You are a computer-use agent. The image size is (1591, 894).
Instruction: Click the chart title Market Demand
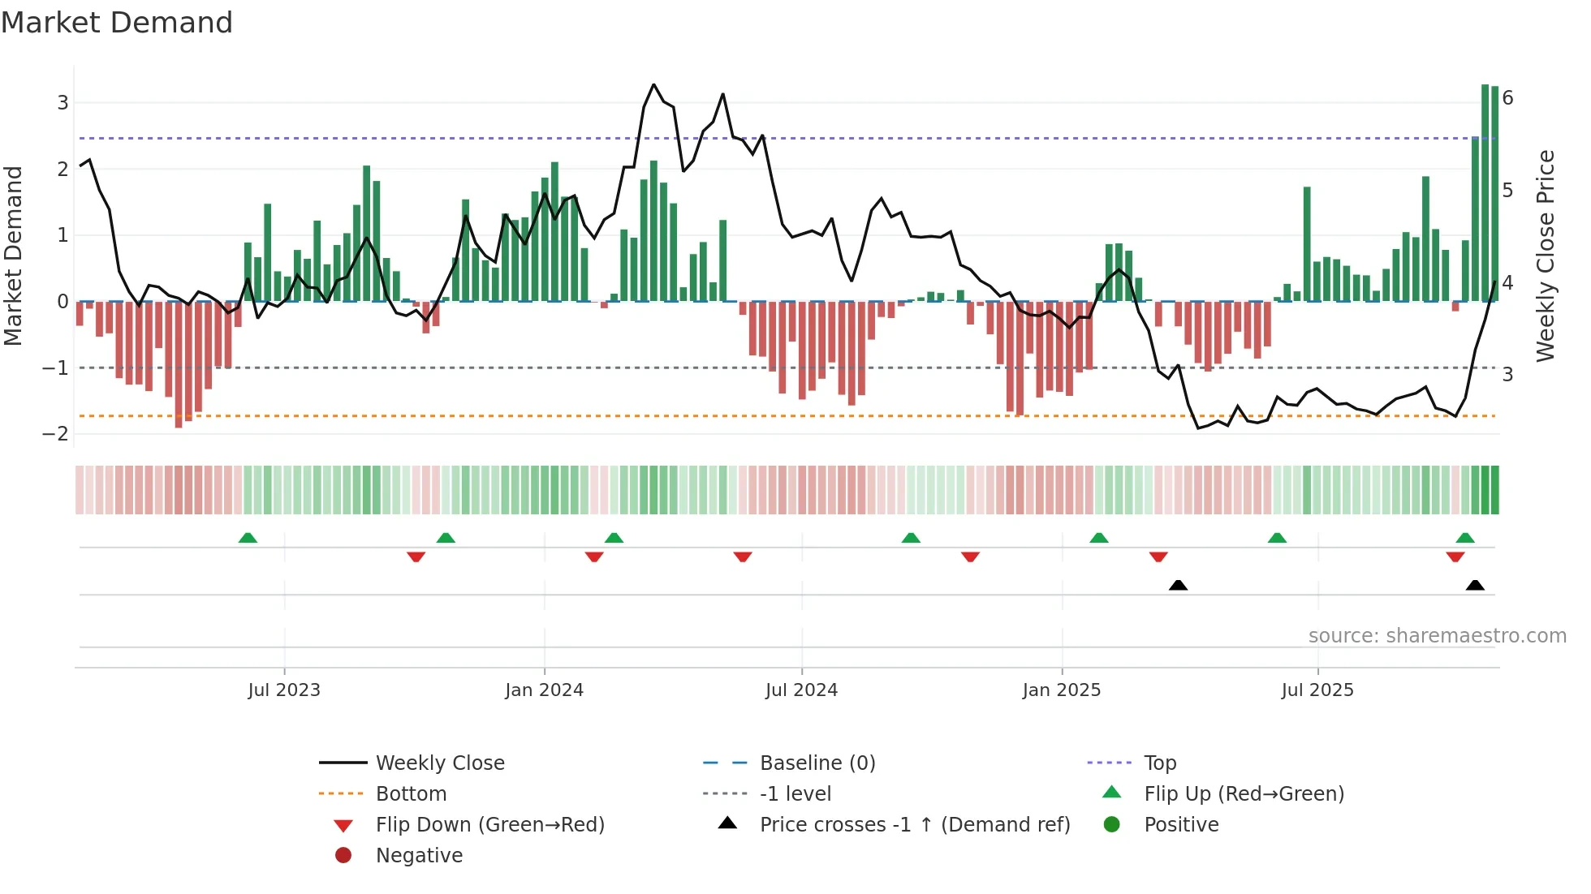tap(117, 23)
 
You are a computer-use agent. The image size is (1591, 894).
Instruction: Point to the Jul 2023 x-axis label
tap(284, 690)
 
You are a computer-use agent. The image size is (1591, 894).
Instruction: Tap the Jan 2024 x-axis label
tap(544, 690)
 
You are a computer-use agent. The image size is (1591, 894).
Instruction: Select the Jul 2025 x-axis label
tap(1317, 690)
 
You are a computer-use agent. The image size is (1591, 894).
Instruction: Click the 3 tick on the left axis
tap(63, 103)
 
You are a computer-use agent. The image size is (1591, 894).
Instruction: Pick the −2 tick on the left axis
tap(55, 434)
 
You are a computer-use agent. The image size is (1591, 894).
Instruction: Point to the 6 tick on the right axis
tap(1507, 98)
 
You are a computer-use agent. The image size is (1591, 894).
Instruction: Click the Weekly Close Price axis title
tap(1546, 256)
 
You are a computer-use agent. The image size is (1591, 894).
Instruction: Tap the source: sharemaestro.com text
tap(1437, 636)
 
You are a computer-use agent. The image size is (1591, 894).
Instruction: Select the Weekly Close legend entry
tap(439, 763)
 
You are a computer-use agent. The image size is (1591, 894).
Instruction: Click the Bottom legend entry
tap(411, 794)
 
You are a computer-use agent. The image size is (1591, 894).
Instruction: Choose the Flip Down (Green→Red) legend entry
tap(489, 825)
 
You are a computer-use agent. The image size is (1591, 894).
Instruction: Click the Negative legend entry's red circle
tap(343, 855)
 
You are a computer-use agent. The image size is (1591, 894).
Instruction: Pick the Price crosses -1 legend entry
tap(914, 825)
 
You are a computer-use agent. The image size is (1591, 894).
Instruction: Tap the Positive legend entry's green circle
tap(1112, 825)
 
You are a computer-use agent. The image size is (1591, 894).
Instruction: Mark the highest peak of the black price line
tap(653, 84)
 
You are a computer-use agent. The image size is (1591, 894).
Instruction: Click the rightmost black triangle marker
tap(1475, 586)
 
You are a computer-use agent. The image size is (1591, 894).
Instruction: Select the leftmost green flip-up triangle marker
tap(248, 538)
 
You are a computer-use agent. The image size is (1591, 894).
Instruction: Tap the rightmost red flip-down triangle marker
tap(1455, 557)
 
